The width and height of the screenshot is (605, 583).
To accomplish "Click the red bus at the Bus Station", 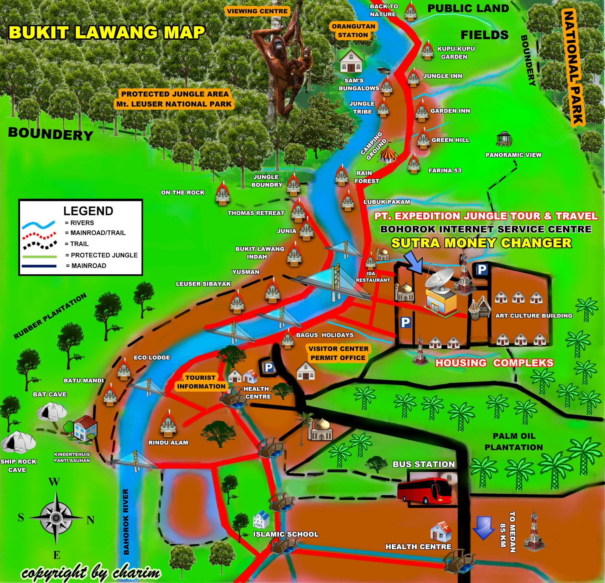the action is pyautogui.click(x=424, y=491).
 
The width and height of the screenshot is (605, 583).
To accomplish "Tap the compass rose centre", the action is pyautogui.click(x=56, y=517).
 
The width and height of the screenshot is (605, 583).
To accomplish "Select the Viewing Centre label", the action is pyautogui.click(x=257, y=11).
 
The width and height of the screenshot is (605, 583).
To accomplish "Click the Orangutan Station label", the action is pyautogui.click(x=353, y=31).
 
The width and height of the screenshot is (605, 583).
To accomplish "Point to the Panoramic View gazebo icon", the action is pyautogui.click(x=504, y=139).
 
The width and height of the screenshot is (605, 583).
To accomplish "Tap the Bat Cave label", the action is pyautogui.click(x=50, y=394).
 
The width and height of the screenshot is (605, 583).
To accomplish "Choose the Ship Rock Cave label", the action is pyautogui.click(x=18, y=466).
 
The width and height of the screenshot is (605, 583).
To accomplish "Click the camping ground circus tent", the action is pyautogui.click(x=388, y=154).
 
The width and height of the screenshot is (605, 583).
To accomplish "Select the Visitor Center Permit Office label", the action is pyautogui.click(x=338, y=353).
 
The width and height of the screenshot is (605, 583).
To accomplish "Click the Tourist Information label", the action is pyautogui.click(x=201, y=382).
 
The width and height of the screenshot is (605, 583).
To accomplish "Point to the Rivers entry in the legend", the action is pyautogui.click(x=79, y=223).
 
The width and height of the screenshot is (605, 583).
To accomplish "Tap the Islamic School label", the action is pyautogui.click(x=285, y=534).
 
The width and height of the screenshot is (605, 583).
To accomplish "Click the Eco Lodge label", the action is pyautogui.click(x=152, y=357).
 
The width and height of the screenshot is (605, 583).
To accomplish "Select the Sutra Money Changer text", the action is pyautogui.click(x=481, y=243).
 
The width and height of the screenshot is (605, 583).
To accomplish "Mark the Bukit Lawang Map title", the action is pyautogui.click(x=107, y=33).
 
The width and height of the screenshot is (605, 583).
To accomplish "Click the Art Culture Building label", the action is pyautogui.click(x=534, y=316).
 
